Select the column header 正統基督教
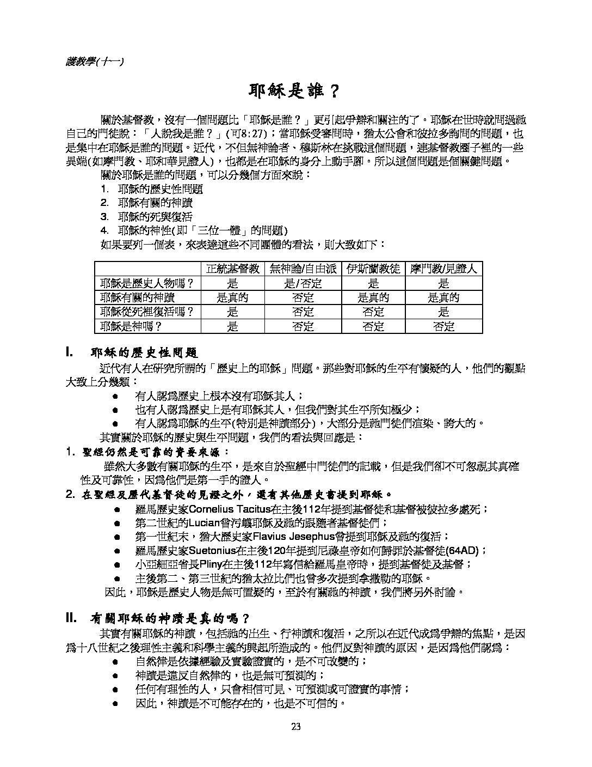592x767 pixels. coord(233,269)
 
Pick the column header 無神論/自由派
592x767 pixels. coord(303,269)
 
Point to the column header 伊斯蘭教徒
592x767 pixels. coord(373,269)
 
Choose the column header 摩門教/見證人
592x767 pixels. coord(444,269)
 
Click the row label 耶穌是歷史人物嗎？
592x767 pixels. coord(147,283)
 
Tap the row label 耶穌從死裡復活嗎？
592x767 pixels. coord(147,312)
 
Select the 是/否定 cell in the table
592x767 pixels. coord(303,283)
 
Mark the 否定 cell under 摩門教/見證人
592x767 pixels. coord(444,327)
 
